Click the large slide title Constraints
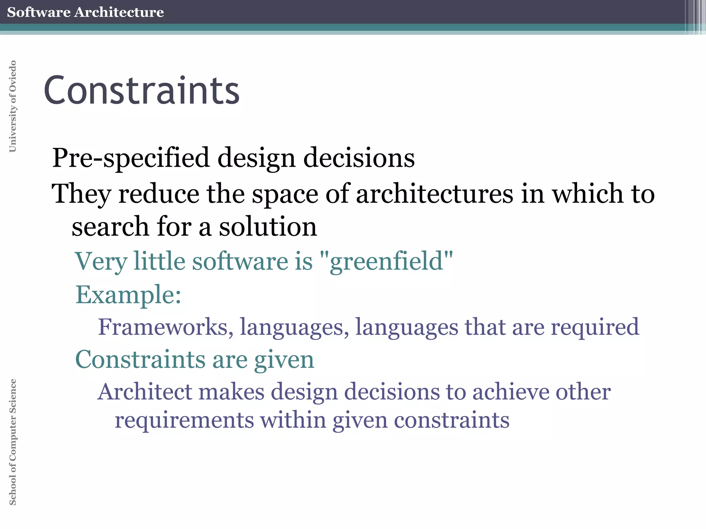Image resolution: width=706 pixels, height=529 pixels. click(141, 90)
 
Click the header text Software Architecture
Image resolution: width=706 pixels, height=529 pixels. click(85, 12)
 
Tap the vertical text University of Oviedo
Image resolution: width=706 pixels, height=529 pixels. click(13, 106)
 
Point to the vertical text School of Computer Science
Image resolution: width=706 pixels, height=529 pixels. click(13, 442)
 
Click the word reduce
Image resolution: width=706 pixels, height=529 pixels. click(159, 194)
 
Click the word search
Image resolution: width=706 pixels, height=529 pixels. click(110, 227)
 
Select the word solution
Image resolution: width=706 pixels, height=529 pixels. click(268, 227)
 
